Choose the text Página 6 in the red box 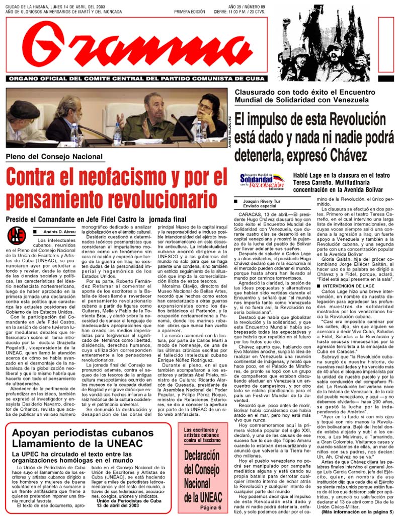pyautogui.click(x=210, y=507)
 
